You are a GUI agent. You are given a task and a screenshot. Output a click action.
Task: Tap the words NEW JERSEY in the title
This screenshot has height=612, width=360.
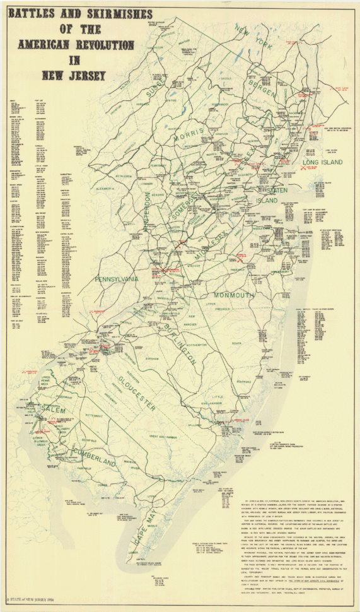pos(74,76)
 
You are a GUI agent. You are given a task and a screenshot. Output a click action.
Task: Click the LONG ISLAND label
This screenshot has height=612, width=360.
pos(322,162)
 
